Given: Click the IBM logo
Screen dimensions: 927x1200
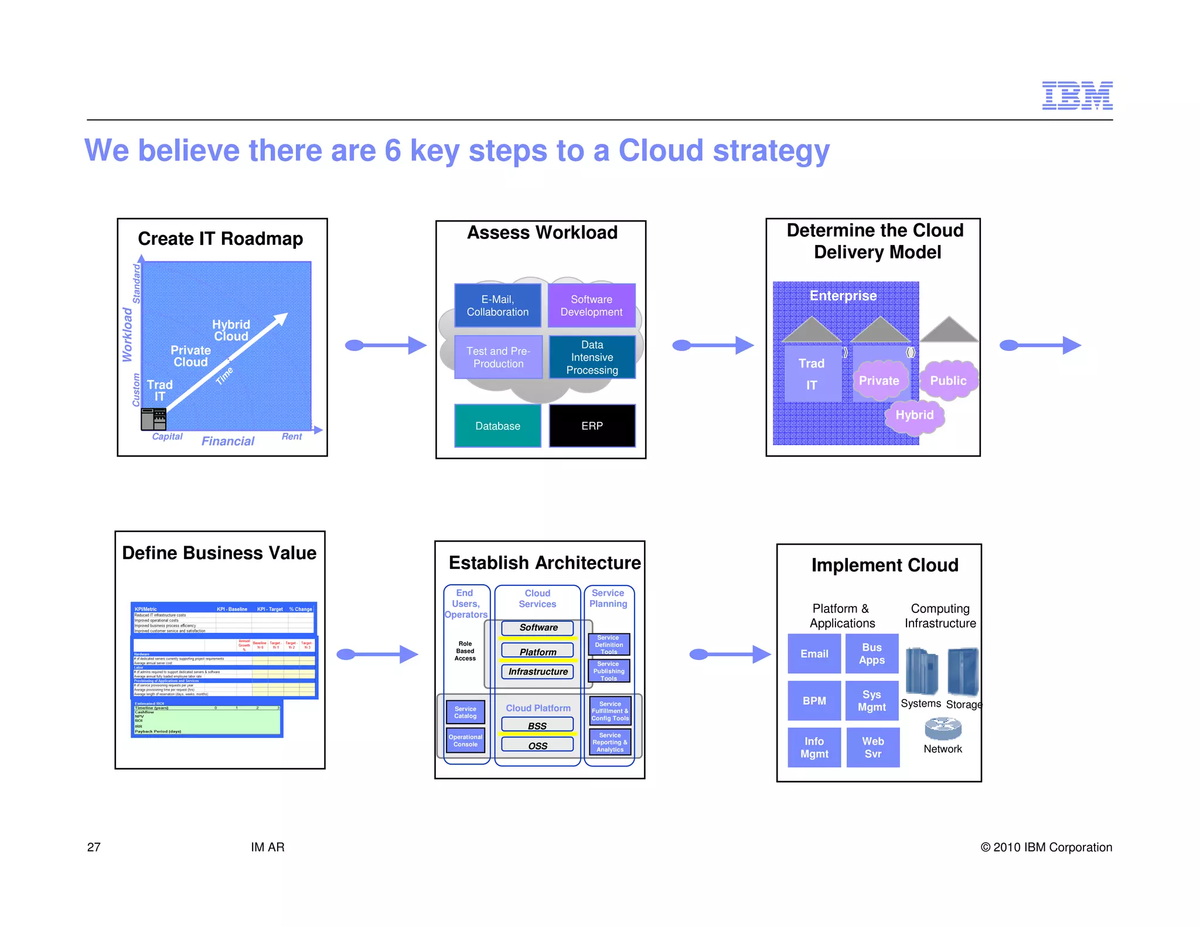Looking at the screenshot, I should pyautogui.click(x=1077, y=96).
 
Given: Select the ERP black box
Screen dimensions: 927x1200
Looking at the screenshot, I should pyautogui.click(x=592, y=426).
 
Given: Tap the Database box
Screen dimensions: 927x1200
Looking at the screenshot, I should pyautogui.click(x=497, y=426).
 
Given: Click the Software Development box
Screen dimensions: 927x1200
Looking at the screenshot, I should pyautogui.click(x=591, y=306).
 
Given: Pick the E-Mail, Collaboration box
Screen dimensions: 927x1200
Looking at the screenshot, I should pyautogui.click(x=497, y=306).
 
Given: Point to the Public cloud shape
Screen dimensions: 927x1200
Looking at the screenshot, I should pyautogui.click(x=948, y=381).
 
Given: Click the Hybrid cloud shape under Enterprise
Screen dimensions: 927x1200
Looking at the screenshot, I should pyautogui.click(x=914, y=415).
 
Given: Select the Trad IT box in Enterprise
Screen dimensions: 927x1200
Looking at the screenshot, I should pyautogui.click(x=812, y=374).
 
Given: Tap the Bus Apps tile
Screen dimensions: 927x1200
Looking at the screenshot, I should pyautogui.click(x=872, y=654).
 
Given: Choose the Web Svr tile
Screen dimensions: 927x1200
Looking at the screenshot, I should pyautogui.click(x=872, y=748).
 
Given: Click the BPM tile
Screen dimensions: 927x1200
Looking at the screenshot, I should pyautogui.click(x=814, y=701).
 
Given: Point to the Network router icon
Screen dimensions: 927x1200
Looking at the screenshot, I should pyautogui.click(x=943, y=728).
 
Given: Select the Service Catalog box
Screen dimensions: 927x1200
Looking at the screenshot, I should pyautogui.click(x=465, y=713).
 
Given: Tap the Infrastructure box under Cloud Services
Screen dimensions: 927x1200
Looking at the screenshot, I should pyautogui.click(x=537, y=672).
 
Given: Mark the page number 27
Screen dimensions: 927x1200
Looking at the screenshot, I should pyautogui.click(x=94, y=847).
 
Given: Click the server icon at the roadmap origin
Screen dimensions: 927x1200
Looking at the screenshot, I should pyautogui.click(x=154, y=419).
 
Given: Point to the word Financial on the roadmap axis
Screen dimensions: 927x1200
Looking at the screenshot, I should pyautogui.click(x=228, y=441).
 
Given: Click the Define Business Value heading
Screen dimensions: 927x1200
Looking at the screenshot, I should pyautogui.click(x=219, y=553).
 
